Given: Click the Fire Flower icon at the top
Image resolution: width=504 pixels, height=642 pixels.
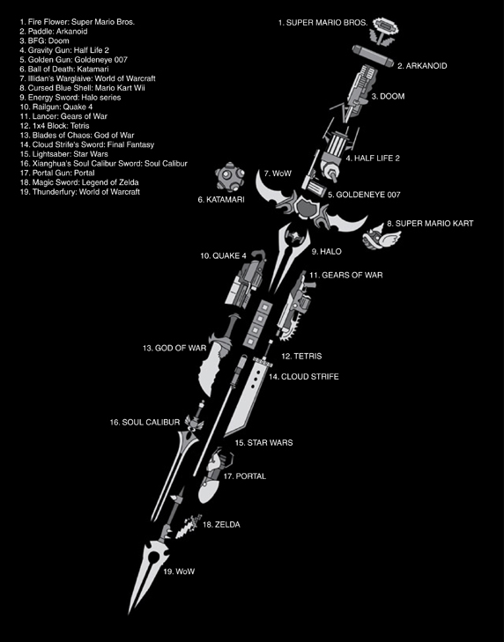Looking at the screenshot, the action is (x=384, y=31).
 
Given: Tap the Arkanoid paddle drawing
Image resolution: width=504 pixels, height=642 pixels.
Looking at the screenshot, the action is (x=373, y=56).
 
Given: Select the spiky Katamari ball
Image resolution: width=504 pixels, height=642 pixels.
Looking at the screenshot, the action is (x=230, y=176).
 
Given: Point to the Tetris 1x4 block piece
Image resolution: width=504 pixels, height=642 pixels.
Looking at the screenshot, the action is (x=258, y=323).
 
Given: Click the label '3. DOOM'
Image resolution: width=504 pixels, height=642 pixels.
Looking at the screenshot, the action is (x=388, y=96).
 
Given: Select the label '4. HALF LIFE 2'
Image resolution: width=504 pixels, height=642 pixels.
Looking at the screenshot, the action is (x=373, y=158).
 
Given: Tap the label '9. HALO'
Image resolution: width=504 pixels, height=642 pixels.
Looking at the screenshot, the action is (x=326, y=251).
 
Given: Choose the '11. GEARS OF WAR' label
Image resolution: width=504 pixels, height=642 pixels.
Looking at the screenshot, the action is (x=345, y=275).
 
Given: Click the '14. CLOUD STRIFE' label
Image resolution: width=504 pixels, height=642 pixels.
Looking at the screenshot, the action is (x=304, y=377).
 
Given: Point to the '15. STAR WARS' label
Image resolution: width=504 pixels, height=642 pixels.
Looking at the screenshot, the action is (x=263, y=443).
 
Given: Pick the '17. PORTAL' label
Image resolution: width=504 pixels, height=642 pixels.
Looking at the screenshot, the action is (x=245, y=476).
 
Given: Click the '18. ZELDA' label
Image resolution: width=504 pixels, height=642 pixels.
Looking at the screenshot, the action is (x=221, y=525).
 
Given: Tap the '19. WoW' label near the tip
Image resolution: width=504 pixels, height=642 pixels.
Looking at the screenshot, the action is (x=179, y=572).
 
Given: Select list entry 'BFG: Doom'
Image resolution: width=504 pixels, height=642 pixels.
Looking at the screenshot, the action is (x=44, y=41).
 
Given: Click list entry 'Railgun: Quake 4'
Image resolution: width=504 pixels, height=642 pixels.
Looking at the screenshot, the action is (x=56, y=107).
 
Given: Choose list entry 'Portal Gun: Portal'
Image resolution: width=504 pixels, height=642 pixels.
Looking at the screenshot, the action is (x=57, y=173).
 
